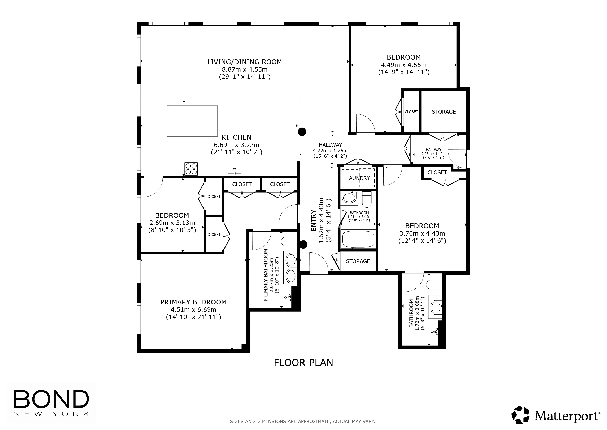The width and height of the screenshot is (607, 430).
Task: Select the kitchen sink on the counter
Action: click(235, 169)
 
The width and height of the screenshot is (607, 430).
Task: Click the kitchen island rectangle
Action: click(192, 121)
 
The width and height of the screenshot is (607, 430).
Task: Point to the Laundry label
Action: click(358, 178)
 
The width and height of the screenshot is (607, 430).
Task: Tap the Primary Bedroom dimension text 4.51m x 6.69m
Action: click(193, 309)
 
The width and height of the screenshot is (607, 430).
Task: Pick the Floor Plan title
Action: click(303, 363)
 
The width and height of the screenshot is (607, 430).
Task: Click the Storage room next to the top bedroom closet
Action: click(444, 112)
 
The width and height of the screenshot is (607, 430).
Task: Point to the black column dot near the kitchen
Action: click(302, 132)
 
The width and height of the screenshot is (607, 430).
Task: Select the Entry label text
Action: click(314, 220)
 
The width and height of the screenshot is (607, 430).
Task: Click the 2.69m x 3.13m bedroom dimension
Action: click(172, 223)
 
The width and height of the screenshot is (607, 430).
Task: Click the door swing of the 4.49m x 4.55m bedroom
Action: click(365, 123)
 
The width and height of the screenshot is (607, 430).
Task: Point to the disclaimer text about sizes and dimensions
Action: click(302, 421)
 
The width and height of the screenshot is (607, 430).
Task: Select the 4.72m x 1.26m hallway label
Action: click(330, 150)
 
